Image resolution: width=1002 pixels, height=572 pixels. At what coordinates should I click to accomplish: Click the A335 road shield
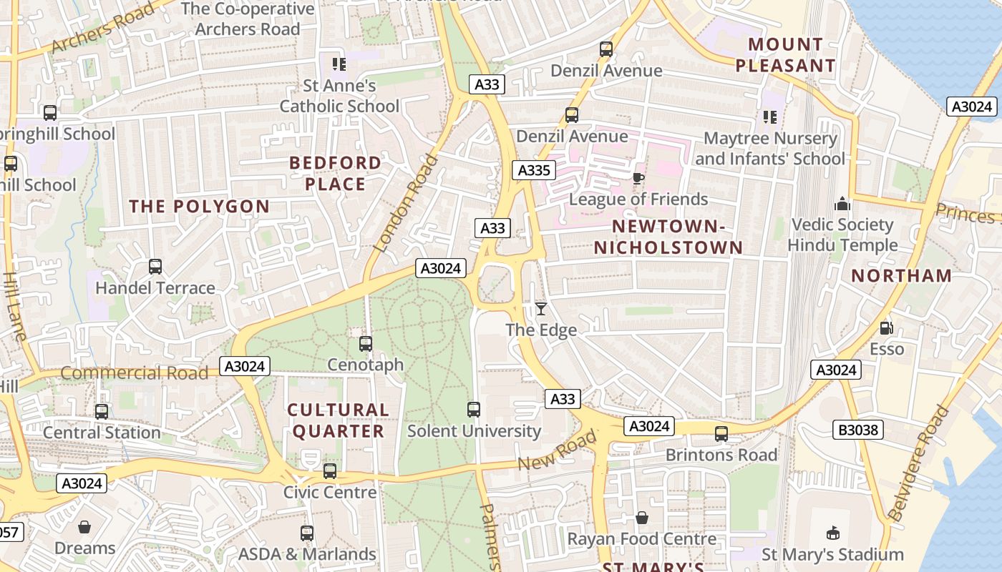coord(534,170)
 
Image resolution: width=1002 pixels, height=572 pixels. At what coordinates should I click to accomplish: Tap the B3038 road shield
coord(858,430)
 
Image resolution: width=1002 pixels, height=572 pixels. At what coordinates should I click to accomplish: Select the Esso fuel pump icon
coord(887,328)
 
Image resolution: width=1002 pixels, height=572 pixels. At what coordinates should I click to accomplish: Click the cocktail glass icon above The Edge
coord(541,309)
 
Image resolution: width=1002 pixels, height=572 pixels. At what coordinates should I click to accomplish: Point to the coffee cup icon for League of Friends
coord(638,178)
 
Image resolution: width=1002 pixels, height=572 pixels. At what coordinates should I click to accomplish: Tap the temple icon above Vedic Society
coord(842,204)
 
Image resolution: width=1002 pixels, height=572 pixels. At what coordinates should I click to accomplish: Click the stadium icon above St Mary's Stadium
coord(832,533)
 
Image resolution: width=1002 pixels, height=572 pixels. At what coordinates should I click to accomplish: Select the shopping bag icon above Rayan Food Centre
coord(642,518)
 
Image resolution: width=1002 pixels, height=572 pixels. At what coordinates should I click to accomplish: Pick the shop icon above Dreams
coord(84,528)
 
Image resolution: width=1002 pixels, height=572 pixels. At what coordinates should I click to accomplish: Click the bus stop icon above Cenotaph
coord(366,344)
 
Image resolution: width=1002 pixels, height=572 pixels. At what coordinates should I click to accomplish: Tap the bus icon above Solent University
coord(474,410)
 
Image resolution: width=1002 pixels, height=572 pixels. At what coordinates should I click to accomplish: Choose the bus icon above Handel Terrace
coord(155,267)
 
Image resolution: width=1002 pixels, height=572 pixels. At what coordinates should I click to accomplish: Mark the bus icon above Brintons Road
coord(721,434)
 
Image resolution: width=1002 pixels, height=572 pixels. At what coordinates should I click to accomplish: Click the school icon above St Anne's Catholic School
coord(339,64)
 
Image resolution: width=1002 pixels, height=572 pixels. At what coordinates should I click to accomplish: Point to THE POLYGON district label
coord(200,207)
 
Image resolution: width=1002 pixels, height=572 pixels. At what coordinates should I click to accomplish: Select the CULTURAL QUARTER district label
coord(338,420)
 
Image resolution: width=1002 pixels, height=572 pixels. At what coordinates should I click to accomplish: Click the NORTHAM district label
coord(902,276)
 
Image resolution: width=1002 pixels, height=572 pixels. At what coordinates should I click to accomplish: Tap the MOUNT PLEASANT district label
coord(786,55)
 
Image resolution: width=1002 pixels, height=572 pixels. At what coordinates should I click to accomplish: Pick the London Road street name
coord(405,203)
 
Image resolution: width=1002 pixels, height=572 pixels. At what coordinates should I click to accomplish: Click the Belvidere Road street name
coord(918,463)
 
